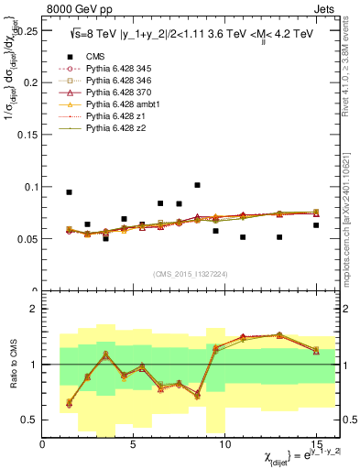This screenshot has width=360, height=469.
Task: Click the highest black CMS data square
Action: pyautogui.click(x=197, y=185)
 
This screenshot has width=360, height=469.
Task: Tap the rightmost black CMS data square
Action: pyautogui.click(x=316, y=225)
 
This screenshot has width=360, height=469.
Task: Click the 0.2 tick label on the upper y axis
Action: pyautogui.click(x=29, y=82)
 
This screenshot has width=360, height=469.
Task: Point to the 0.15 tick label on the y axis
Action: pyautogui.click(x=27, y=135)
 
